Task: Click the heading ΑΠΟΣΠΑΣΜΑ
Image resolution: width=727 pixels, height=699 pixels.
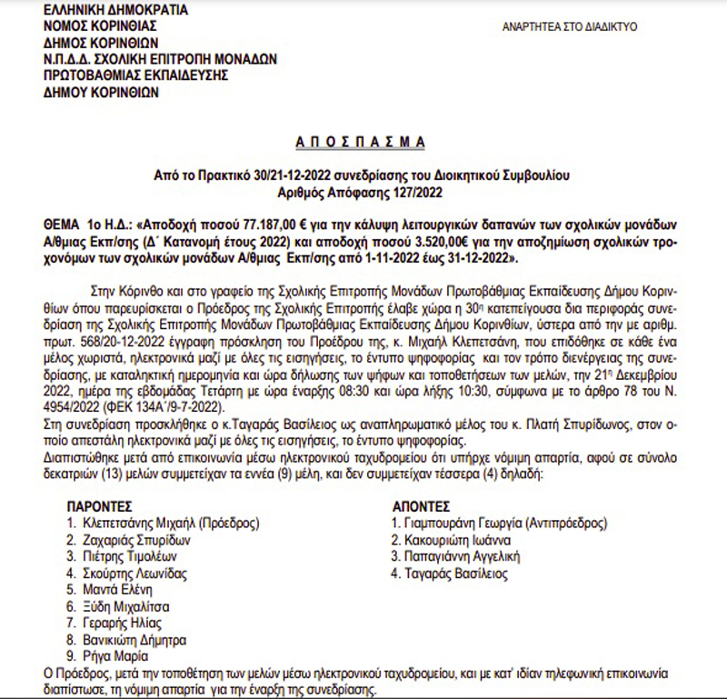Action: coord(363,142)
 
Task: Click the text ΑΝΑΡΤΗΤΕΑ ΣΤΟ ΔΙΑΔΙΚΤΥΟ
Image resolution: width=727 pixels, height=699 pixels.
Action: coord(570,26)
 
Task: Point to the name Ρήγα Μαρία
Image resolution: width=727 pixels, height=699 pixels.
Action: coord(115,655)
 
